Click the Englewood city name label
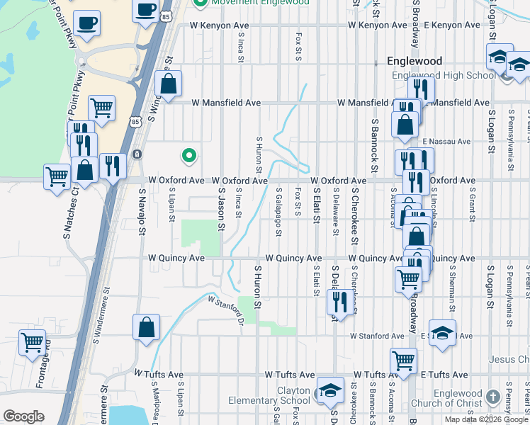click(415, 62)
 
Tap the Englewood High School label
click(443, 76)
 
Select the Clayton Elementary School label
click(269, 395)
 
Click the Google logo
click(23, 416)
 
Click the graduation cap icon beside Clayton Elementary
click(329, 390)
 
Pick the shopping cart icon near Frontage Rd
click(33, 344)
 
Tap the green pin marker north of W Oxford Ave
click(188, 154)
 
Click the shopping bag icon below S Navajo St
click(145, 327)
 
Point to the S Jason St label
click(221, 209)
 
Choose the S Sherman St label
click(451, 290)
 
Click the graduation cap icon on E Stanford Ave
click(442, 334)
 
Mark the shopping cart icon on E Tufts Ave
click(403, 361)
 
